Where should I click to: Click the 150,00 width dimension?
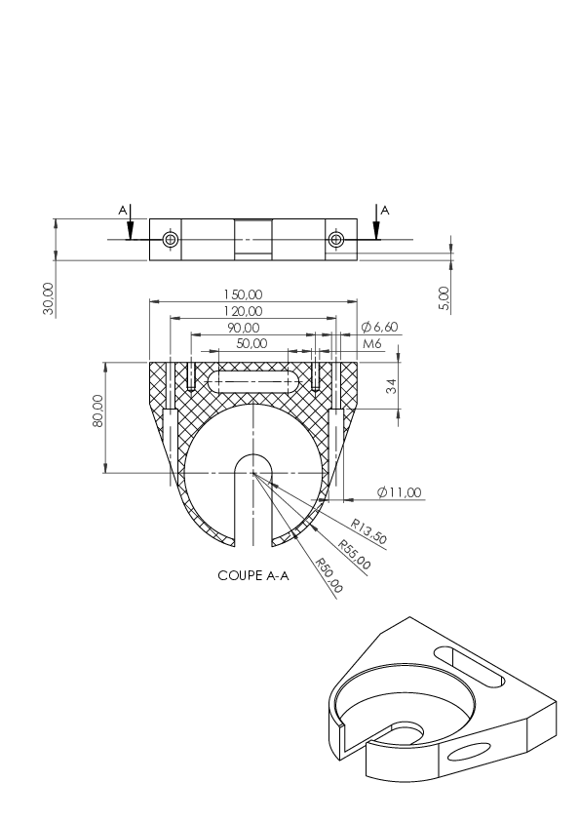click(243, 294)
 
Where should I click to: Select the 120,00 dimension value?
click(243, 312)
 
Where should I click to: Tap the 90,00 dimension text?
click(243, 329)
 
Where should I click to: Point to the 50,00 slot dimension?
click(251, 343)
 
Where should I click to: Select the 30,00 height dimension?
click(48, 299)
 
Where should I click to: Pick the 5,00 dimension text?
click(444, 298)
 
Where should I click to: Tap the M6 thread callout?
click(372, 344)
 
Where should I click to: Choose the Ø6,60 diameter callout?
click(379, 328)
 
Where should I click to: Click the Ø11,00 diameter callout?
click(399, 492)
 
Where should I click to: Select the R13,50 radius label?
click(368, 531)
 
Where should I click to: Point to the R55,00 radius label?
click(354, 555)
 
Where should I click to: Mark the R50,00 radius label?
click(329, 576)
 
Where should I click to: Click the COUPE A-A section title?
click(253, 576)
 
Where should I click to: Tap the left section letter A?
click(123, 211)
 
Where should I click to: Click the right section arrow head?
click(376, 231)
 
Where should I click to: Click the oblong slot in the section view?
click(253, 382)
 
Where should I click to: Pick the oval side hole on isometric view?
click(470, 752)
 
